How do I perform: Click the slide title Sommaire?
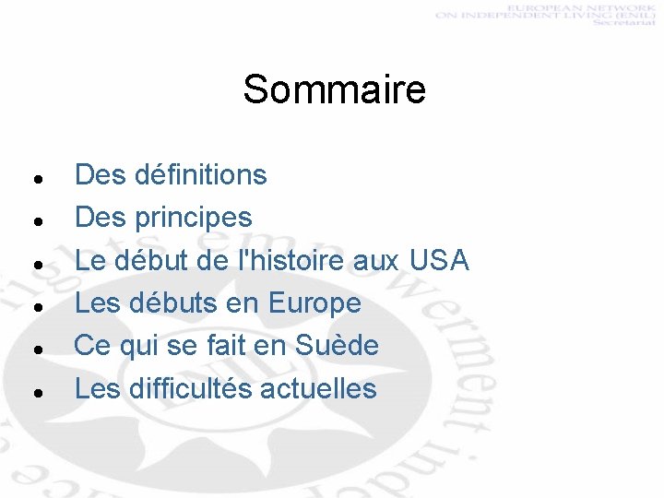[x=334, y=90]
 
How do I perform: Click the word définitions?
[x=200, y=174]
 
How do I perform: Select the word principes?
[x=193, y=218]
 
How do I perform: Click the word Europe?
[x=314, y=302]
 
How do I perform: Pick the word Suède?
[x=337, y=346]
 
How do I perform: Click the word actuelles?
[x=318, y=388]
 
